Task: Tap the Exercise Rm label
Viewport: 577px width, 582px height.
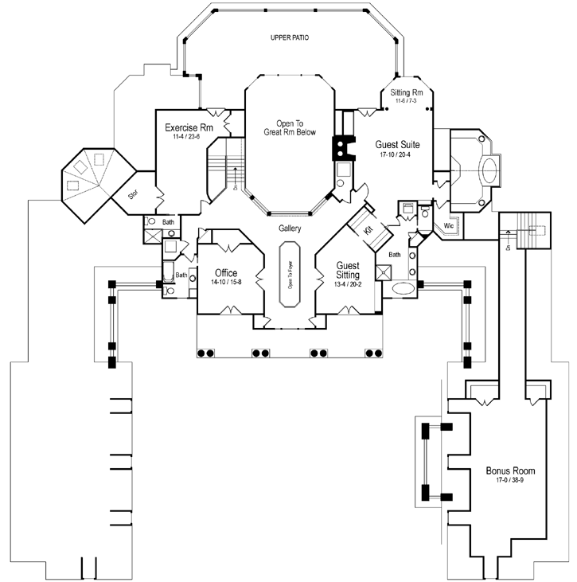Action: pos(189,127)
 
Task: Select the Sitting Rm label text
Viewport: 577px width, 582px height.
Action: pos(411,93)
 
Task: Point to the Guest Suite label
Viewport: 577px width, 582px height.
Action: pos(397,144)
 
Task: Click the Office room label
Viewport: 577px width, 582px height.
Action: pos(227,273)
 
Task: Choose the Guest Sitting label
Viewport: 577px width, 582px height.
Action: pos(348,270)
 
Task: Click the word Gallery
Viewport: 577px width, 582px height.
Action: pos(289,229)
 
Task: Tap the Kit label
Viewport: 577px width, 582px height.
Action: pos(368,229)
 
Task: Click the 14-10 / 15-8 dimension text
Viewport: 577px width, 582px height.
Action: pos(227,283)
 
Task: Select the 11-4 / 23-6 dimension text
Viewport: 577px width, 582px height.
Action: pos(189,137)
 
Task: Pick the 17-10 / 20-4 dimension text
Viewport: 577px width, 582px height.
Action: pos(397,154)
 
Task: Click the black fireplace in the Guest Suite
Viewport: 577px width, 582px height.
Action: pos(341,148)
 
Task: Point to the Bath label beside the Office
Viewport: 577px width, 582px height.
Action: pos(181,275)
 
